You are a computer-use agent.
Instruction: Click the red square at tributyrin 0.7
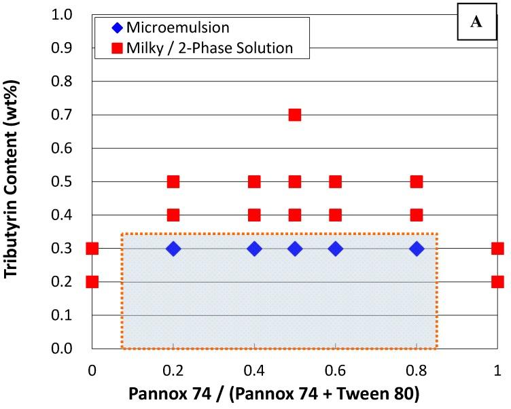click(294, 115)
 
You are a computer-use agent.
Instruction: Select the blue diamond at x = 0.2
click(173, 249)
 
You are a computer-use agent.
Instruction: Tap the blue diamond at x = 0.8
click(417, 249)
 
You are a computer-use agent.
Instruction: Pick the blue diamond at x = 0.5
click(294, 249)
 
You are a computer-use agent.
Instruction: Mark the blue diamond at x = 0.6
click(335, 249)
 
